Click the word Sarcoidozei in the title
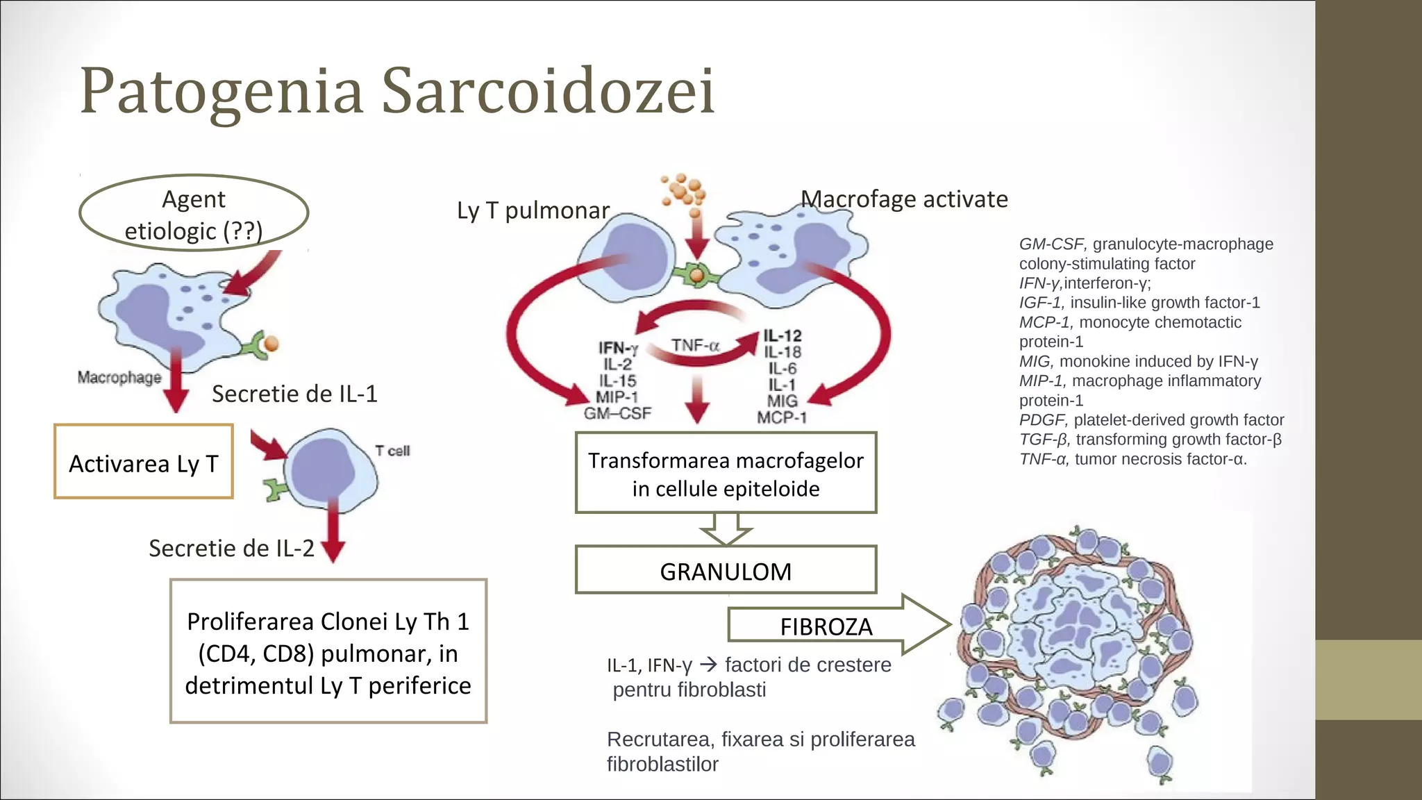coord(548,91)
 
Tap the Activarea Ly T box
coord(144,462)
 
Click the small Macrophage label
coord(119,378)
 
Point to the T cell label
coord(392,451)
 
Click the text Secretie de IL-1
coord(294,394)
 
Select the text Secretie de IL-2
coord(231,548)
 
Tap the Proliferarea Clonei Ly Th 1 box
coord(328,652)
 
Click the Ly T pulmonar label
coord(533,210)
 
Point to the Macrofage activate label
coord(904,199)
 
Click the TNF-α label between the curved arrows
coord(694,345)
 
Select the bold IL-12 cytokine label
coord(783,336)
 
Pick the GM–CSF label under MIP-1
coord(617,414)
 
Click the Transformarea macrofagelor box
coord(726,474)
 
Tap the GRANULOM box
coord(726,571)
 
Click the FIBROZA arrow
coord(826,626)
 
